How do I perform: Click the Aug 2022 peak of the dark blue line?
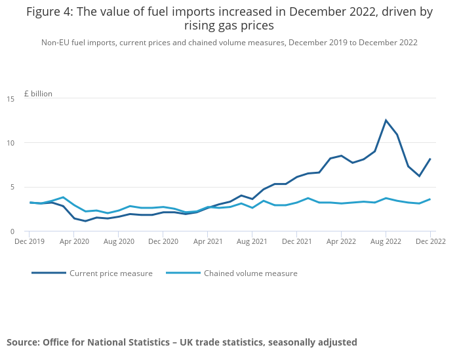tap(386, 120)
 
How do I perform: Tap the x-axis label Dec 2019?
tap(30, 241)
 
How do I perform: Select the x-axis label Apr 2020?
tap(74, 241)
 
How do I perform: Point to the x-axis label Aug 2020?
tap(119, 241)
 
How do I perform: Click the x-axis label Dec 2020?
tap(163, 241)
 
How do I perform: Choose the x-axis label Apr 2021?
tap(207, 241)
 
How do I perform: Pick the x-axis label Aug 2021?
tap(252, 241)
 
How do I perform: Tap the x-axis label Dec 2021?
tap(296, 241)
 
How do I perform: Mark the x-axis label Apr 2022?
tap(341, 241)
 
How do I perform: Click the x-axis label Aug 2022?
tap(386, 241)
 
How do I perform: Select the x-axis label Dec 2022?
tap(429, 241)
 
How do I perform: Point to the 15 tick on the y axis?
tap(10, 99)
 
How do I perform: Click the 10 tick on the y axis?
tap(10, 143)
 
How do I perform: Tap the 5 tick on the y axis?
tap(12, 187)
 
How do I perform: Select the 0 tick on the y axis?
tap(12, 231)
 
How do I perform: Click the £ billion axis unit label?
tap(38, 94)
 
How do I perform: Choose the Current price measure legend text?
tap(111, 273)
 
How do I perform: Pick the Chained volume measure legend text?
tap(250, 273)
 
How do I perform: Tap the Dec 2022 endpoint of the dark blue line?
tap(430, 159)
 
